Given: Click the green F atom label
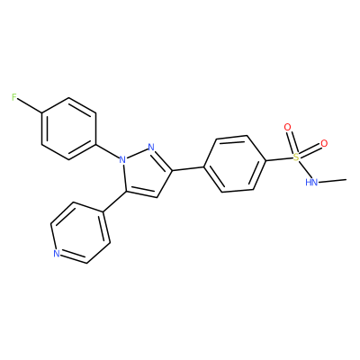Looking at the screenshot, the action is coord(14,97).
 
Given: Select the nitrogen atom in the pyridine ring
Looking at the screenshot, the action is coord(57,254).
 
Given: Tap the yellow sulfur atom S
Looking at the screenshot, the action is coord(296,157).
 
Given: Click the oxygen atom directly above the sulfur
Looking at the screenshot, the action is coord(288,128).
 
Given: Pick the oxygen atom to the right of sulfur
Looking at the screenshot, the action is coord(324,144).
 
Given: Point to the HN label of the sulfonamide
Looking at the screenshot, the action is coord(311,182).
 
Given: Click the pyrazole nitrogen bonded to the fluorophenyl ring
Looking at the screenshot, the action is coord(122,159).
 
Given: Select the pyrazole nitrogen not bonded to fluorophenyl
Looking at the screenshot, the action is coord(151,147).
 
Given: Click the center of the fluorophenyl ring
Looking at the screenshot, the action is coord(69,129).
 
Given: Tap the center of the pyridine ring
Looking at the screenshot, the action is coord(80,233).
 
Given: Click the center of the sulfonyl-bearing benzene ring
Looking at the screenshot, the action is coord(234,164).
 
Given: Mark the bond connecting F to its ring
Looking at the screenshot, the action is coord(30,105).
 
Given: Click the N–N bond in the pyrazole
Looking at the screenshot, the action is coord(137,153).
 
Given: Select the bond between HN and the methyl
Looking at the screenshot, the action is coord(332,181).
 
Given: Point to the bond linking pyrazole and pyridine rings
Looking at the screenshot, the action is coord(114,202).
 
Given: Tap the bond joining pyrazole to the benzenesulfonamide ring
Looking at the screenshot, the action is coord(188,168).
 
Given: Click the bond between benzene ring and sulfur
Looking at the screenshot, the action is coord(279,159).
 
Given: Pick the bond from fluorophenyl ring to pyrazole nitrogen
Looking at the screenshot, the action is coord(107,150).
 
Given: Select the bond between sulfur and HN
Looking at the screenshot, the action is coord(303,169).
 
